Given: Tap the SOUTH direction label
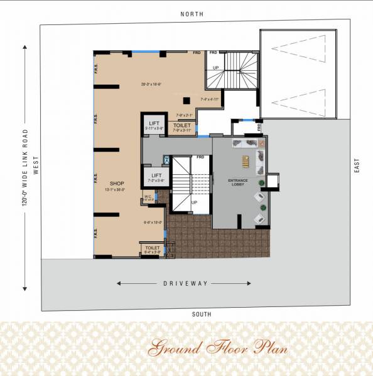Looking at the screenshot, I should coord(202,314).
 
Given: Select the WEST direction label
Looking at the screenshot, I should coord(36,166).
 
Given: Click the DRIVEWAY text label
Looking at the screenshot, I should coord(185,284).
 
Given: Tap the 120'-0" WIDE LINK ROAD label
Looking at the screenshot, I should coord(26,166).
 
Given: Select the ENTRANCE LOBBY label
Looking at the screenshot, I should coord(238,182).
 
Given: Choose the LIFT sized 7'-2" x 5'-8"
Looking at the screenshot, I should coord(154,177).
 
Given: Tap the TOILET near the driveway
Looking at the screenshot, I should coord(153,249).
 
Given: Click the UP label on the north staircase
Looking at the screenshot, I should coord(216,67).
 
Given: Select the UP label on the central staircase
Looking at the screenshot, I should coord(194,203).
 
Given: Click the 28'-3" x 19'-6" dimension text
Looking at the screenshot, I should coord(151,83).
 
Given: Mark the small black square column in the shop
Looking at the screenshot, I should coord(186,100).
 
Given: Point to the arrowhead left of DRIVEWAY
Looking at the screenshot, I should coord(119,284).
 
